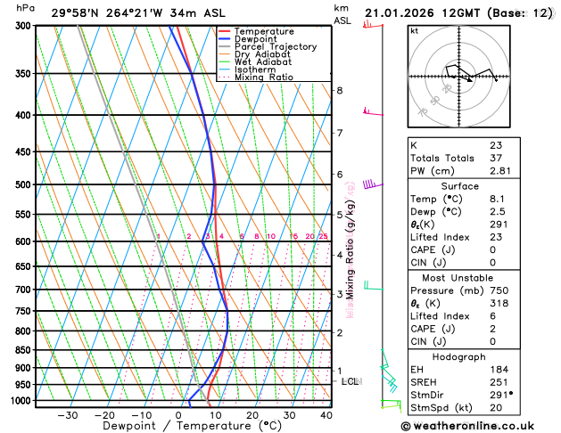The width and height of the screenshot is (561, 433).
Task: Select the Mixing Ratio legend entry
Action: click(x=263, y=78)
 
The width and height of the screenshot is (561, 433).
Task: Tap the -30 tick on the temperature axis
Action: click(x=68, y=414)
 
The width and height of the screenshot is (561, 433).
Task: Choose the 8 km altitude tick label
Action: click(x=339, y=91)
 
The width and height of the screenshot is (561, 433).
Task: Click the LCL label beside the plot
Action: click(x=351, y=381)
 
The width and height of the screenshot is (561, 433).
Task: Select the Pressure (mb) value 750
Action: click(x=499, y=290)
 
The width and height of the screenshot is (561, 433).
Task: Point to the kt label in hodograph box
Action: click(x=414, y=30)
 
